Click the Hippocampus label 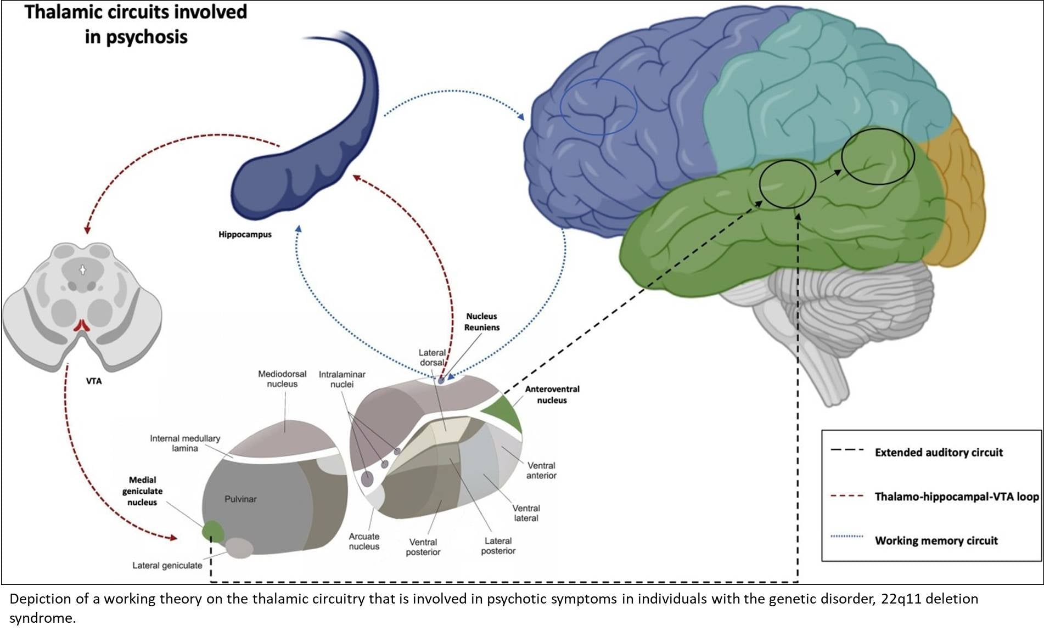click(245, 234)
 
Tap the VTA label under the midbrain click(94, 381)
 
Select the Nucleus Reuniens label click(482, 322)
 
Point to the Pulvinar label click(240, 499)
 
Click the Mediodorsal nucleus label click(282, 379)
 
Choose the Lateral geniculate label click(167, 565)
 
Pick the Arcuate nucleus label click(364, 542)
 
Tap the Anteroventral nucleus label click(552, 394)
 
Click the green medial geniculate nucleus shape click(213, 531)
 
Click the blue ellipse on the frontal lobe click(598, 106)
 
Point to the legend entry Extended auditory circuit click(939, 453)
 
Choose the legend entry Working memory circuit click(936, 540)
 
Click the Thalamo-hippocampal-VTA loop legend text click(956, 497)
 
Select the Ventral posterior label click(423, 547)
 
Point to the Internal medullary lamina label click(185, 443)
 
